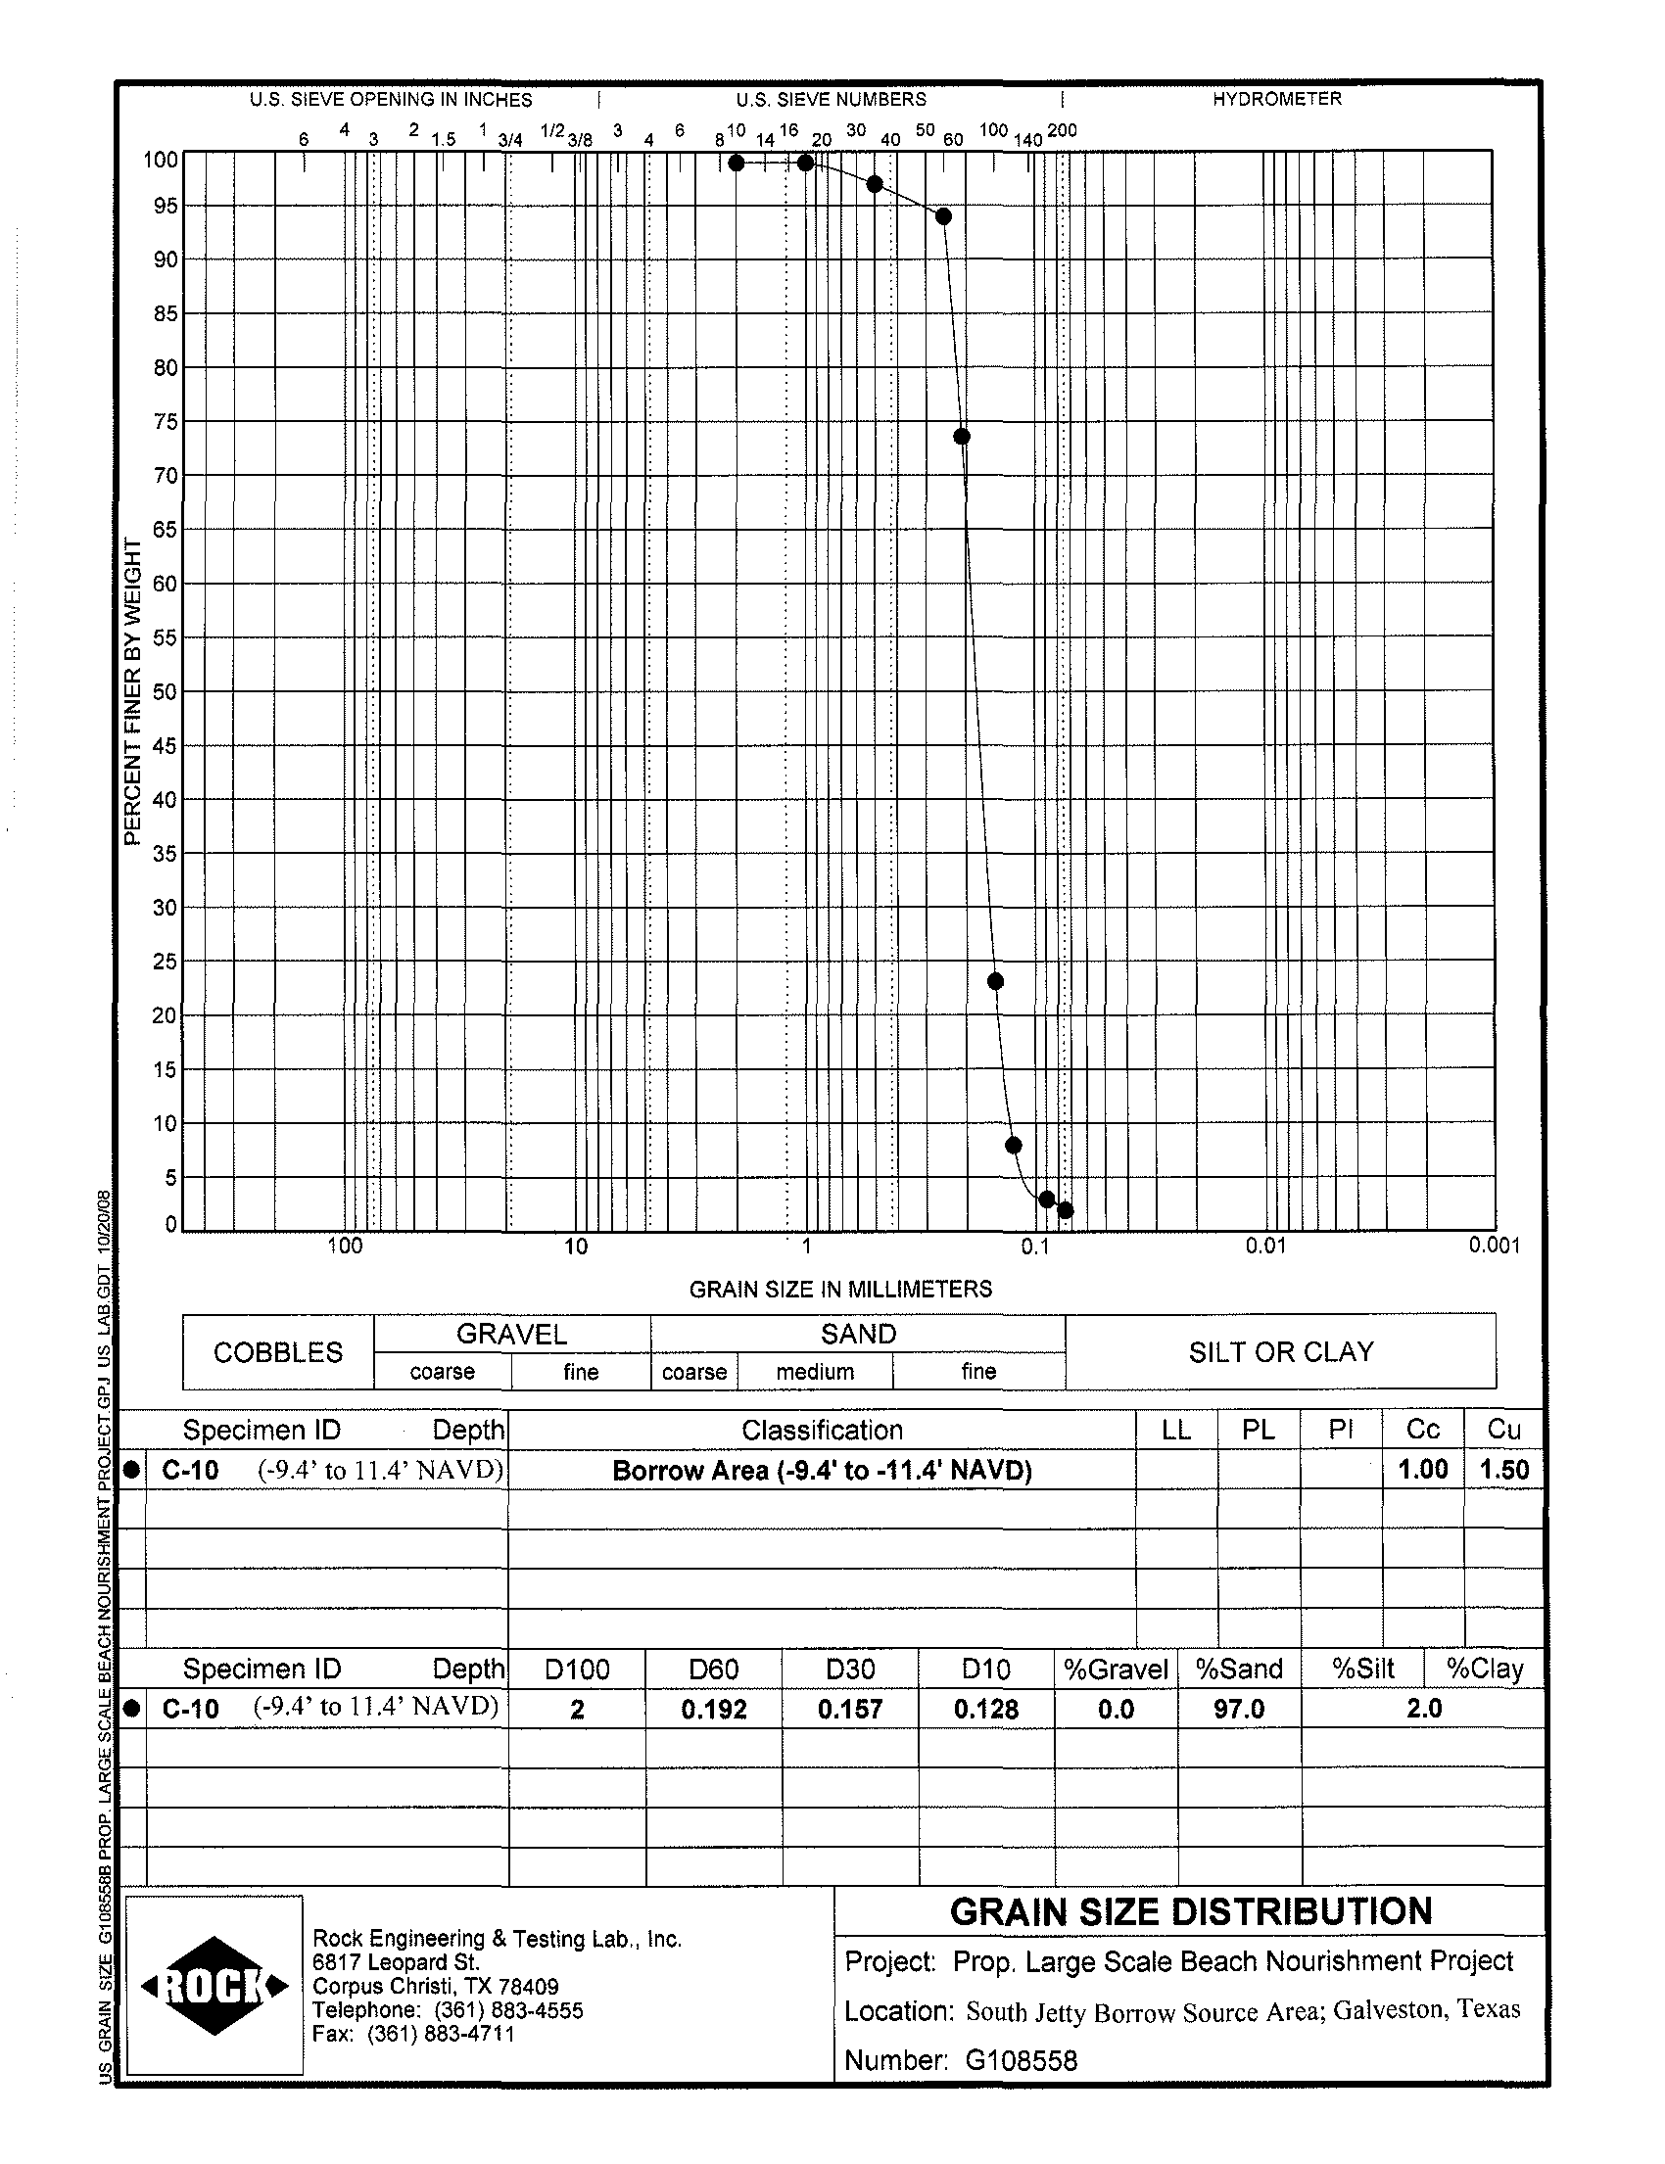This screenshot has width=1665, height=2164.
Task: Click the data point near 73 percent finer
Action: pyautogui.click(x=961, y=437)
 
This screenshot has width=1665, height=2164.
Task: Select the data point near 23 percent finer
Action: pyautogui.click(x=996, y=981)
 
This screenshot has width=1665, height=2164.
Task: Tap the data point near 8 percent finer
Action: pyautogui.click(x=1013, y=1146)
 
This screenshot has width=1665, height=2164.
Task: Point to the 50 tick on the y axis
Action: pyautogui.click(x=165, y=691)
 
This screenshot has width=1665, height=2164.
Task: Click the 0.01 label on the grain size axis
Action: pyautogui.click(x=1264, y=1247)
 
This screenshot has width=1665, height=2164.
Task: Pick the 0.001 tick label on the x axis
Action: pyautogui.click(x=1494, y=1247)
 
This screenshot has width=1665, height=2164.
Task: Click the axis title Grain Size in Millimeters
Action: pyautogui.click(x=840, y=1289)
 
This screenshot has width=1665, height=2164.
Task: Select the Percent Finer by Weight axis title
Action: pyautogui.click(x=133, y=692)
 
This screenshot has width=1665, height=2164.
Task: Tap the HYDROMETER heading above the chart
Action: pyautogui.click(x=1276, y=99)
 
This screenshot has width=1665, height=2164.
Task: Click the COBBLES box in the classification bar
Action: pyautogui.click(x=277, y=1352)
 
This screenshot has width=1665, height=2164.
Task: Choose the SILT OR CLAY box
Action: pyautogui.click(x=1280, y=1352)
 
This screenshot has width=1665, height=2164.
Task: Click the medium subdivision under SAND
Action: pyautogui.click(x=815, y=1372)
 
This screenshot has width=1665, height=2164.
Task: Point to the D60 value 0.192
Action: pyautogui.click(x=714, y=1710)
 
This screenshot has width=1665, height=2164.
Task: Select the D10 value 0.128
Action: pyautogui.click(x=986, y=1710)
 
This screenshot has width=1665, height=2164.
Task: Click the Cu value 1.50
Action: pyautogui.click(x=1503, y=1471)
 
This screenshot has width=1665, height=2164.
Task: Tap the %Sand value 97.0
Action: pyautogui.click(x=1239, y=1710)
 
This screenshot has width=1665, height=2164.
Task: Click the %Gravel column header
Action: pyautogui.click(x=1116, y=1670)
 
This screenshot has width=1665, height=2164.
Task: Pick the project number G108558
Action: pyautogui.click(x=1021, y=2061)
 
